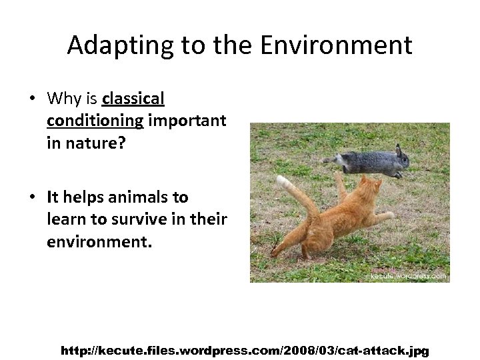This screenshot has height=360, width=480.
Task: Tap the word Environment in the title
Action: coord(336,45)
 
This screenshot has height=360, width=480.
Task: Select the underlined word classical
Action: coord(133,99)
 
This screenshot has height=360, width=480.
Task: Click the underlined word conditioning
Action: coord(95,121)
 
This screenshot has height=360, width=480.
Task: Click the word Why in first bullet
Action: coord(63,99)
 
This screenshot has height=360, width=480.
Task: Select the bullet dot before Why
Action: coord(32,99)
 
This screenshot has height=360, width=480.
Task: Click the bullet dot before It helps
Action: coord(32,198)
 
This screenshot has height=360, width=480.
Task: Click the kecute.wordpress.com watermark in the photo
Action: coord(407,275)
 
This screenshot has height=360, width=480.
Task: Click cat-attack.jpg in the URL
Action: coord(383,350)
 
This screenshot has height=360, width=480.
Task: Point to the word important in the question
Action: coord(187,121)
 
